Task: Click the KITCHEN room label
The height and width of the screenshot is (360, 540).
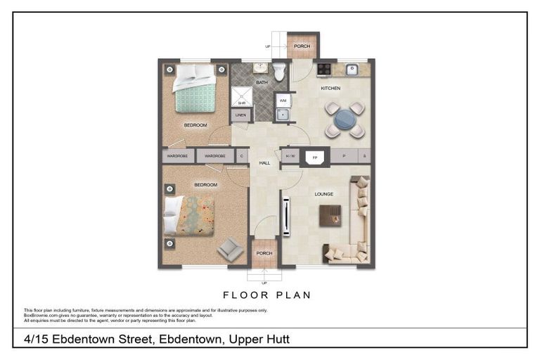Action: point(330,89)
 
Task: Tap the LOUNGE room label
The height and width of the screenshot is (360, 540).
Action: point(323,194)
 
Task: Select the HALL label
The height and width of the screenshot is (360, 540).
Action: point(264,163)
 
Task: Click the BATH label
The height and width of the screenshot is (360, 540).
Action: point(261,83)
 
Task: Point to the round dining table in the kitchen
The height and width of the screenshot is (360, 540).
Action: point(345,118)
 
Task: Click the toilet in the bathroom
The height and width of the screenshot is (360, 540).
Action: point(278,71)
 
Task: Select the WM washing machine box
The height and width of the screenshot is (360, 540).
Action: point(282,101)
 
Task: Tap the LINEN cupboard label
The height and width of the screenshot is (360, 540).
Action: point(240,115)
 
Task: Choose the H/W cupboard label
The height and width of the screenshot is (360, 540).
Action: point(290,155)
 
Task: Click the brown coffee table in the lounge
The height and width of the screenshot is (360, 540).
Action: point(330,215)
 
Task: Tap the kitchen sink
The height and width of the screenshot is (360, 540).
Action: point(352,69)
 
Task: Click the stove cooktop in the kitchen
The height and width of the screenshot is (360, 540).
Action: point(324,69)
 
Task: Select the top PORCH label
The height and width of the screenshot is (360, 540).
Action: point(302,47)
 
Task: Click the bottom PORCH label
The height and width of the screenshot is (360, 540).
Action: point(264,253)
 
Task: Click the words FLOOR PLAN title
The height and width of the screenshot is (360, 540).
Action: point(266,295)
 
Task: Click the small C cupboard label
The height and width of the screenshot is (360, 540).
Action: point(241,155)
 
